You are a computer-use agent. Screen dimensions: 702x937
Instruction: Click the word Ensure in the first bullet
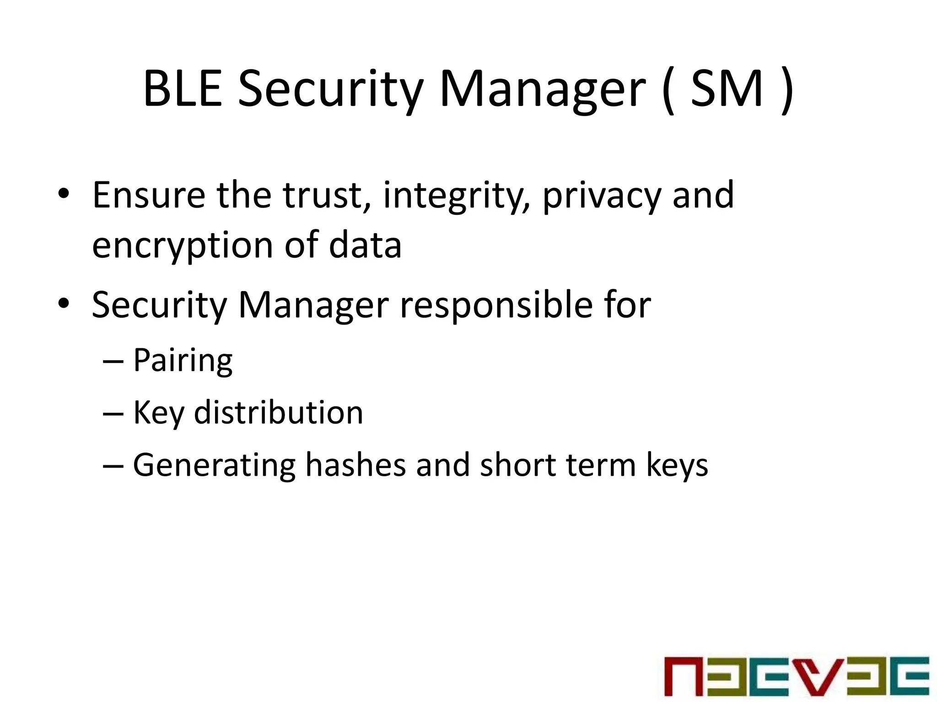[x=149, y=195]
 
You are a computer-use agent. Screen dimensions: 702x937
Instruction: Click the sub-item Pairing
[x=183, y=362]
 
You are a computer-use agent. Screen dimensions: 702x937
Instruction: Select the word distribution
[x=279, y=413]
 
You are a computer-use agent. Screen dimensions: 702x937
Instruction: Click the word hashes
[x=355, y=465]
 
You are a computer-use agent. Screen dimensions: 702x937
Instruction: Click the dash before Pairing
[x=113, y=362]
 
